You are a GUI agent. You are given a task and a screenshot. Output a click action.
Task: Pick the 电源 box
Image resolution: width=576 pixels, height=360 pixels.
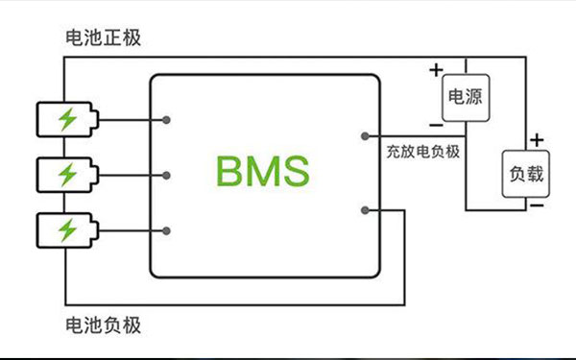(x=465, y=96)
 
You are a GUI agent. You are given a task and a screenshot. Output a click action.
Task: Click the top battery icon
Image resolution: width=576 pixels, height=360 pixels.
(x=66, y=120)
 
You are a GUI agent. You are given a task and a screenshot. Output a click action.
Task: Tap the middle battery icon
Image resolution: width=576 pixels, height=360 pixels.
(x=66, y=175)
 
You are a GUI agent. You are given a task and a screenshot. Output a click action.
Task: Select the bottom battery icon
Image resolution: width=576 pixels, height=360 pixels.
(x=66, y=230)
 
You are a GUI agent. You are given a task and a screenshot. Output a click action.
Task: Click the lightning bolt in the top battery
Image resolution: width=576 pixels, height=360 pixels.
(x=67, y=120)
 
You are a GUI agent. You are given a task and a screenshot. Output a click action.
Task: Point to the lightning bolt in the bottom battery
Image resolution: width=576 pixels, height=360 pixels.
(x=67, y=230)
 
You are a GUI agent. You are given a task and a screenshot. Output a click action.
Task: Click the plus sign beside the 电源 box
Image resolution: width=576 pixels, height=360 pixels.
(x=436, y=69)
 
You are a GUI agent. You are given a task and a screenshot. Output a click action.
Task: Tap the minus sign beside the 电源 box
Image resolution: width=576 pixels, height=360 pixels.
(x=436, y=125)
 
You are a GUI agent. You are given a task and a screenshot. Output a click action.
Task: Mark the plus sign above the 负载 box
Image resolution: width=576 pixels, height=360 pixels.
(x=538, y=140)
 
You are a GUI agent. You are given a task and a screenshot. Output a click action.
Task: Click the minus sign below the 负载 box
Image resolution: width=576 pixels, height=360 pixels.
(x=538, y=204)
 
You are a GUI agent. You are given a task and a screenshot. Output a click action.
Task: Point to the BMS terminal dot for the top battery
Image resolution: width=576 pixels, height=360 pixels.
(x=168, y=120)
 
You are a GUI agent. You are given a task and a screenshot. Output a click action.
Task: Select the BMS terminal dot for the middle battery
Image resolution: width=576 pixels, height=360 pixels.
(x=168, y=175)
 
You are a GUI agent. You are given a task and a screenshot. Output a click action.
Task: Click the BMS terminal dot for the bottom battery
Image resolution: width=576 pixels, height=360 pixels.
(x=168, y=230)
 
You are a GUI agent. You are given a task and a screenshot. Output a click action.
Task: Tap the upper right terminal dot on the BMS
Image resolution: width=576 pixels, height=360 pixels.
(x=363, y=136)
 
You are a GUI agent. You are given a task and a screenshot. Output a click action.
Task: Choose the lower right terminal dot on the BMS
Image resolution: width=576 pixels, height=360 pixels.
(x=363, y=208)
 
